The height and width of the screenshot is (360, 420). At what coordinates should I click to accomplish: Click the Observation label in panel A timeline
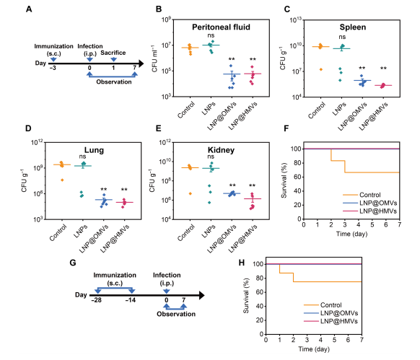[113, 82]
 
